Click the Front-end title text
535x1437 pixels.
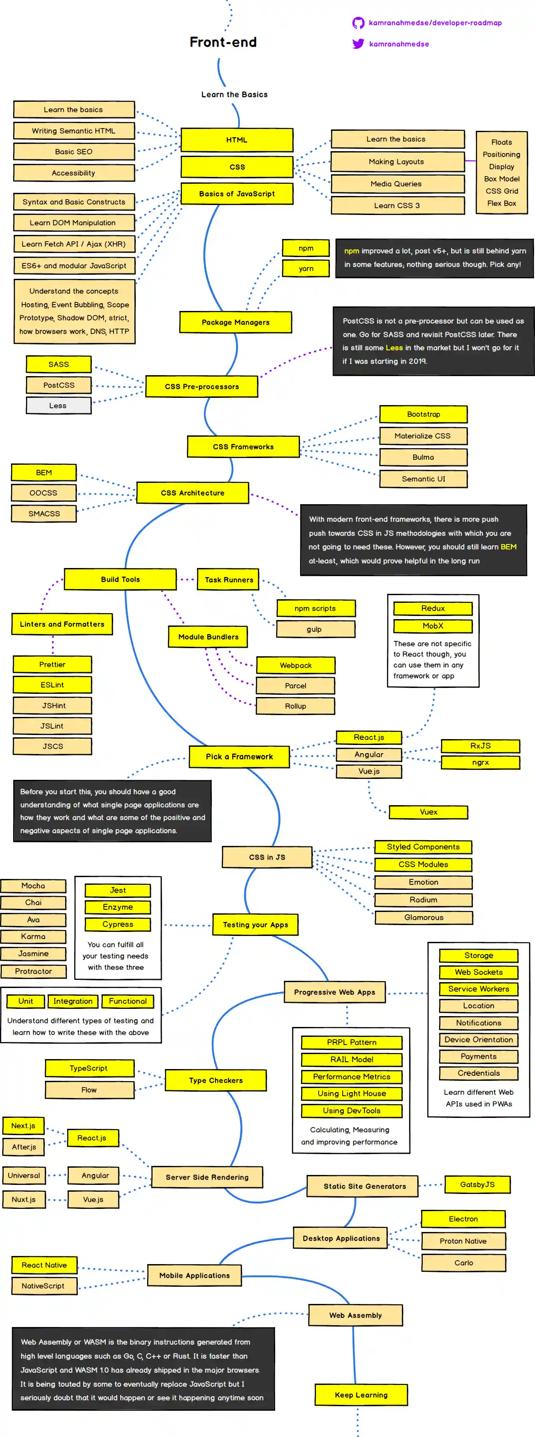[223, 43]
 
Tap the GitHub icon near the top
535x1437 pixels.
[358, 23]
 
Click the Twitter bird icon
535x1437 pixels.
[358, 43]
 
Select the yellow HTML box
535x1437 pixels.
[237, 140]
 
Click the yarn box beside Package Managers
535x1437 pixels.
[306, 268]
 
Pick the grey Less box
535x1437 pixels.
[58, 406]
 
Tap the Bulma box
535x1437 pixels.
[423, 457]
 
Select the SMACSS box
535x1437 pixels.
[44, 513]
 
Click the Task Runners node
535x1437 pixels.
[229, 580]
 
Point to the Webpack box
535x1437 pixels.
[296, 665]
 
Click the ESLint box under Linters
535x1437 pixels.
[52, 684]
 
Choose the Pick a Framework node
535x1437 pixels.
[239, 756]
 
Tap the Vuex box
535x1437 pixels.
[429, 812]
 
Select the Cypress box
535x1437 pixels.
[118, 924]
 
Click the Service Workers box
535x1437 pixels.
[479, 988]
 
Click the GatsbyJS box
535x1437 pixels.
[478, 1184]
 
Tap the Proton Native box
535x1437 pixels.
[463, 1241]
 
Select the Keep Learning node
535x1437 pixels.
[361, 1394]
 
